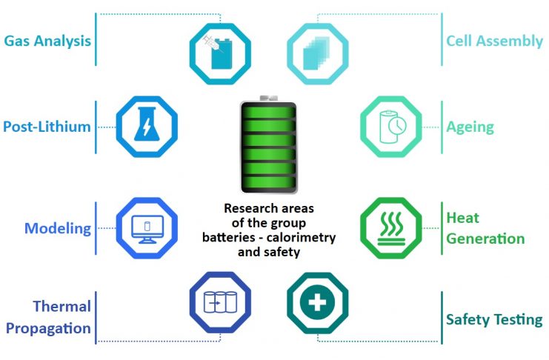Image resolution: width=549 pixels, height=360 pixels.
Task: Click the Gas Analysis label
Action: (x=47, y=41)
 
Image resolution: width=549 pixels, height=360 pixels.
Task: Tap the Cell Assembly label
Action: (x=494, y=41)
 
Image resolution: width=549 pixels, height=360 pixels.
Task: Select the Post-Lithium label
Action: (x=47, y=127)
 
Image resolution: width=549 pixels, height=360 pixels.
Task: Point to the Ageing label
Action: (x=470, y=127)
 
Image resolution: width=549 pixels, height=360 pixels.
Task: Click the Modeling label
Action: (x=58, y=228)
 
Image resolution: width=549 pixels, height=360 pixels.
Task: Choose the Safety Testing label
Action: (x=494, y=320)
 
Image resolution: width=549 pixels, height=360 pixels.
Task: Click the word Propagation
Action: (x=48, y=328)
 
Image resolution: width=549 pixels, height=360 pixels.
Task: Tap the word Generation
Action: (x=485, y=239)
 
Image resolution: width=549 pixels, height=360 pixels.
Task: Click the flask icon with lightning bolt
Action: (x=147, y=124)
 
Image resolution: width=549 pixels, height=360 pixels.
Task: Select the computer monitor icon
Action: (x=147, y=229)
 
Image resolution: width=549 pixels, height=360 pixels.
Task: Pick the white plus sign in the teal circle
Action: (x=318, y=302)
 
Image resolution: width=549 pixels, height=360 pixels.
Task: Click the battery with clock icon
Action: (x=393, y=127)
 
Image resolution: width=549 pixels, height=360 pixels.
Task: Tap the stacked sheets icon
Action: (x=316, y=53)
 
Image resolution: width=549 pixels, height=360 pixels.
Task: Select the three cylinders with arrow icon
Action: (x=220, y=302)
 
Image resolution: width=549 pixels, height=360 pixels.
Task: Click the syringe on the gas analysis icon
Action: (x=212, y=44)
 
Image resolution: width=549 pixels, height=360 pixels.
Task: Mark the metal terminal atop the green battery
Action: (x=268, y=99)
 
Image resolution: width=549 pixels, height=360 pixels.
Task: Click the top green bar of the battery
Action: (x=268, y=113)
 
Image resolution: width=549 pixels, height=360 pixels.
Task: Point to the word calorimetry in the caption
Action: (x=301, y=238)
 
